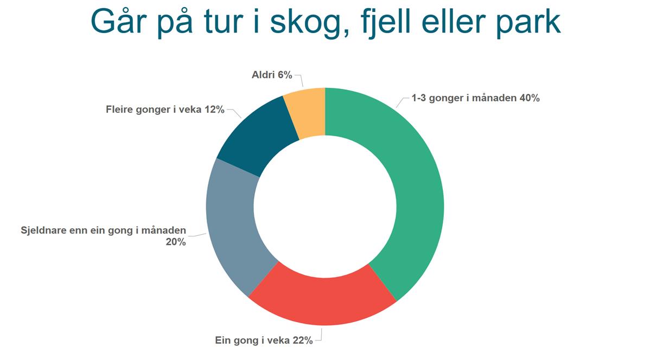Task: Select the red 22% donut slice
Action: (323, 302)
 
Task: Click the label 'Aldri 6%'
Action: (272, 75)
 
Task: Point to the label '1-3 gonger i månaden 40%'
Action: (475, 98)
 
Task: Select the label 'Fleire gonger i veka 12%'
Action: (165, 110)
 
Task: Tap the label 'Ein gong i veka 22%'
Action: (264, 340)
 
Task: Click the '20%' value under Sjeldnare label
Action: (176, 242)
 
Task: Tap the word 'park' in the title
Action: (528, 23)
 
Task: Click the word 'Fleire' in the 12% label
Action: (119, 110)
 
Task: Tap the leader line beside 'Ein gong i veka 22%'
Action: (320, 336)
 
